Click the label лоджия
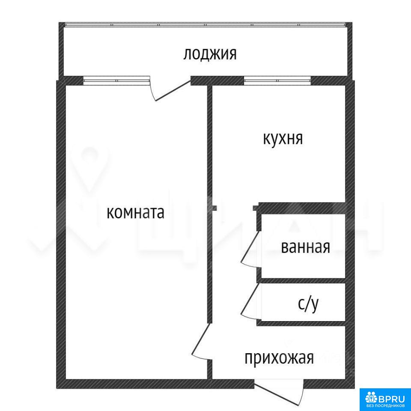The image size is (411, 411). [x=210, y=54]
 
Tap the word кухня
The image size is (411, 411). [x=283, y=138]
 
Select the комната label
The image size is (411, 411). [x=136, y=213]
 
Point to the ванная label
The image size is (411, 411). [x=305, y=247]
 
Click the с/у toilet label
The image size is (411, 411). [x=308, y=304]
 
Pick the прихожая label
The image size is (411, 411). [x=279, y=358]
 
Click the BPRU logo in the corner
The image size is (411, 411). [x=385, y=399]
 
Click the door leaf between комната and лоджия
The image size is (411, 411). [x=173, y=91]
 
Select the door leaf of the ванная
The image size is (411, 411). [x=250, y=246]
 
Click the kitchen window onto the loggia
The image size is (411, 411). [x=277, y=80]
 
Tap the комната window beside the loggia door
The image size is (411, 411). [x=116, y=80]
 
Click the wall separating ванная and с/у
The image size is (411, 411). [x=303, y=281]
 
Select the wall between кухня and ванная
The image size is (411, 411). [x=302, y=208]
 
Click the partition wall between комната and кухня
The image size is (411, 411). [x=209, y=205]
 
